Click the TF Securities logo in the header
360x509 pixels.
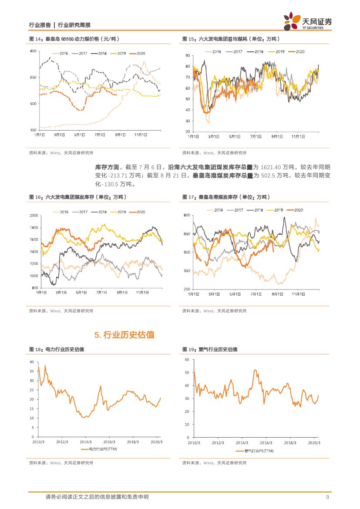click(x=307, y=21)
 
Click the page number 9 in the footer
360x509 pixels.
click(x=327, y=497)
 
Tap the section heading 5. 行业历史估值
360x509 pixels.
click(x=124, y=335)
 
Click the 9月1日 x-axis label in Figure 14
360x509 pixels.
click(x=121, y=135)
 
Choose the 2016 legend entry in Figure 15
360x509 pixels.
click(x=213, y=51)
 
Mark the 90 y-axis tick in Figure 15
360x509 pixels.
click(x=188, y=56)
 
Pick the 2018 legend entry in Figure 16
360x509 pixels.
click(x=99, y=212)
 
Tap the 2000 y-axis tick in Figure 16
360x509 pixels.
click(x=34, y=216)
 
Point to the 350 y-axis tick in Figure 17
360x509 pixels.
click(x=187, y=271)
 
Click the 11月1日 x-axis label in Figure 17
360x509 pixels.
click(x=298, y=294)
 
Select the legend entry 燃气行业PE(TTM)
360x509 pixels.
click(x=255, y=451)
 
